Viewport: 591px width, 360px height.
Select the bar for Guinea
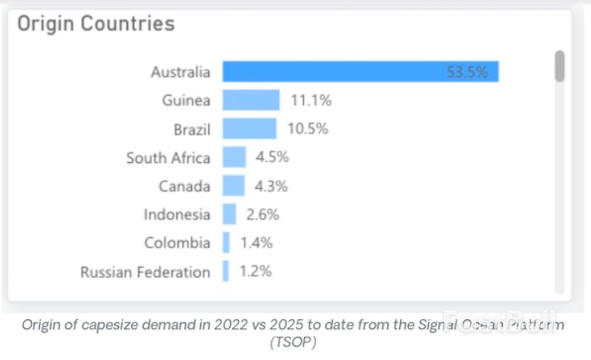coord(251,100)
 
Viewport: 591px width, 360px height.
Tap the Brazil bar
coord(249,128)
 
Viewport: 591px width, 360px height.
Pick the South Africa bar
coord(234,157)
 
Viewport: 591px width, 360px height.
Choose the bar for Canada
coord(234,185)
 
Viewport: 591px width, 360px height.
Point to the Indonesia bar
coord(229,214)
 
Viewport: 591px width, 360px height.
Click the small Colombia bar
coord(226,243)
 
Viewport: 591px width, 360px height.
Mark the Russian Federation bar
coord(226,271)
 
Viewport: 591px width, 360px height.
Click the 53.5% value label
coord(467,72)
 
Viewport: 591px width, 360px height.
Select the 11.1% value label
coord(311,101)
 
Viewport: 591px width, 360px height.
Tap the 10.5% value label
coord(308,129)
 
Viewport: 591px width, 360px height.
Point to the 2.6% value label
coord(262,215)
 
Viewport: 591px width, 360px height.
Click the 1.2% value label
coord(255,271)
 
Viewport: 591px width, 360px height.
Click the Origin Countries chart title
coord(96,24)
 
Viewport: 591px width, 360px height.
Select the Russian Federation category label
coord(145,272)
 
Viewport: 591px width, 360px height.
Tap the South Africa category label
coord(168,158)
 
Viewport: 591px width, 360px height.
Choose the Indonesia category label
coord(176,215)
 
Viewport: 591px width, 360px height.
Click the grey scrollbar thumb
coord(559,66)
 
